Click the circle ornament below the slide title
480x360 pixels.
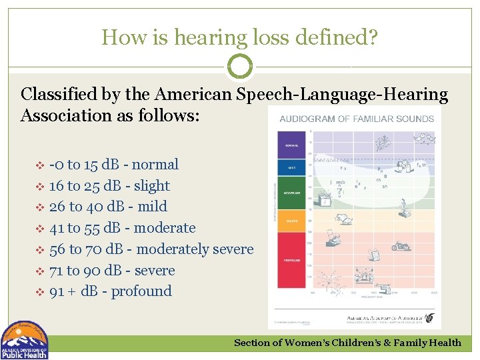pos(240,67)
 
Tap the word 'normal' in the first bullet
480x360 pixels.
pos(155,165)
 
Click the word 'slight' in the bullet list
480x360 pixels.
pos(152,186)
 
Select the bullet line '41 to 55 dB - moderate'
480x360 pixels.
pos(122,228)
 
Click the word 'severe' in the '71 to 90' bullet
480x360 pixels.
pos(155,271)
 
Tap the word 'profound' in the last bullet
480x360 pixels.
pos(141,291)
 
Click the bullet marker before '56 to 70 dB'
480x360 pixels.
pos(39,249)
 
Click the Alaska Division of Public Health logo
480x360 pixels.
pos(25,341)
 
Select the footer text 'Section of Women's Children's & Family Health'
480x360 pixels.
pos(347,343)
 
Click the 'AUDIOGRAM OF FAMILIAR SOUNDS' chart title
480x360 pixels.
pos(356,119)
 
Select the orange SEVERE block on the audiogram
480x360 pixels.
pos(291,219)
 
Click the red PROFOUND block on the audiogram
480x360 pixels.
pos(291,261)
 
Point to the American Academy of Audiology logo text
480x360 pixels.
pos(385,319)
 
